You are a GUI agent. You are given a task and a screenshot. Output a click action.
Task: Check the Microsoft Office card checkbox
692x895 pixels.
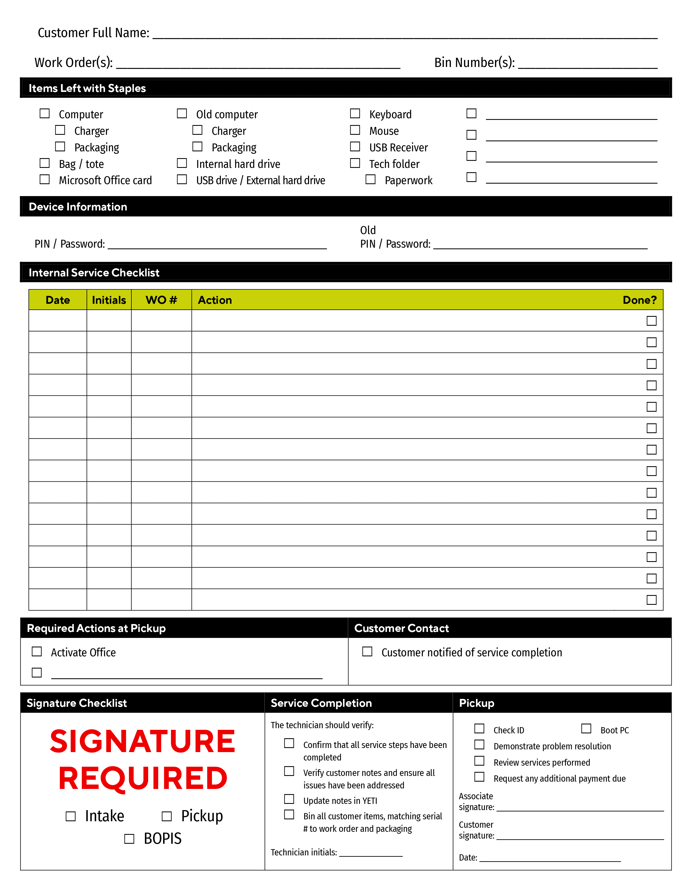click(x=45, y=180)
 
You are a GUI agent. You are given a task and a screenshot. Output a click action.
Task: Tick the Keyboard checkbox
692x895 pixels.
click(x=355, y=114)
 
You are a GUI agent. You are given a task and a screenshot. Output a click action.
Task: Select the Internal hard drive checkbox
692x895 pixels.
click(x=182, y=163)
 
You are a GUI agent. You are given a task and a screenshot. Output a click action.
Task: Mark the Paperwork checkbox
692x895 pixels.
click(x=371, y=180)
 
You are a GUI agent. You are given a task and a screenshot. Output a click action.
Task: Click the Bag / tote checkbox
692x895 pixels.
click(x=45, y=163)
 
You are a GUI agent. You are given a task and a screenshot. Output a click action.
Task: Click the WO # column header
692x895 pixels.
click(x=161, y=300)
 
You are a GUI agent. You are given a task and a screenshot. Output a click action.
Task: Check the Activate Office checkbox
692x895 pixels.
click(x=37, y=651)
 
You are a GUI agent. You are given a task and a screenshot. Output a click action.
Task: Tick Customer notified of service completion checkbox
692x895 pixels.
click(x=367, y=651)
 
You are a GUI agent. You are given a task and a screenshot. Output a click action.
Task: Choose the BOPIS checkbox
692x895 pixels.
click(x=129, y=839)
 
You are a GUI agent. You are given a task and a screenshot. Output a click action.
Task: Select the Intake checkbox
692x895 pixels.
click(x=71, y=816)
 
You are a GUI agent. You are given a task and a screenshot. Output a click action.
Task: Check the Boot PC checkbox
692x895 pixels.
click(x=586, y=729)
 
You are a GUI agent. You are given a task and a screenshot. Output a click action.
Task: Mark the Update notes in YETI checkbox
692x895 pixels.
click(x=290, y=799)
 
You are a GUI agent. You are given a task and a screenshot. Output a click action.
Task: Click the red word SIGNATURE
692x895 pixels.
click(x=143, y=742)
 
